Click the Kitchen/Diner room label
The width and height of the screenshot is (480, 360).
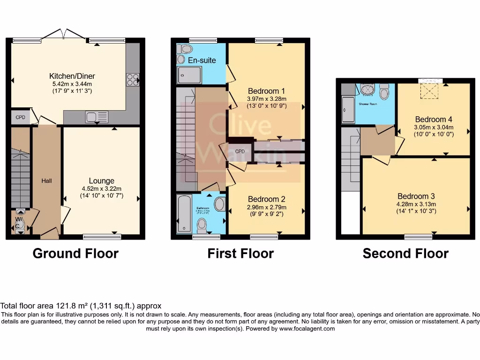(72, 76)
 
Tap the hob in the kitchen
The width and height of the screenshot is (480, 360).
(133, 80)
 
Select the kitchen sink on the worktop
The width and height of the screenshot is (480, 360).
(96, 117)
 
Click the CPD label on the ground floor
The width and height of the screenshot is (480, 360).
(20, 117)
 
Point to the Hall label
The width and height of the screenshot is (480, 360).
(46, 180)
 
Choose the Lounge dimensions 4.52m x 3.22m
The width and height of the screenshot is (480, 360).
(102, 189)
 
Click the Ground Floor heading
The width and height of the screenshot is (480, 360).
(75, 254)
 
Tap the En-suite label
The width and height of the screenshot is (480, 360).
(202, 60)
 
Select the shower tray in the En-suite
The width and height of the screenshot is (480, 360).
(189, 75)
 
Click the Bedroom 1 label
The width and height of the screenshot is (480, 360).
(267, 91)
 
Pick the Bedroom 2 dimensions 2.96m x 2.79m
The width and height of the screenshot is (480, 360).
(267, 207)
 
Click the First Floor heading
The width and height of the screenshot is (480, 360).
(240, 254)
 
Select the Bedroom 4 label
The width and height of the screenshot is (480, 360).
(434, 119)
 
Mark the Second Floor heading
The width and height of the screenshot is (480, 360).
(405, 254)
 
